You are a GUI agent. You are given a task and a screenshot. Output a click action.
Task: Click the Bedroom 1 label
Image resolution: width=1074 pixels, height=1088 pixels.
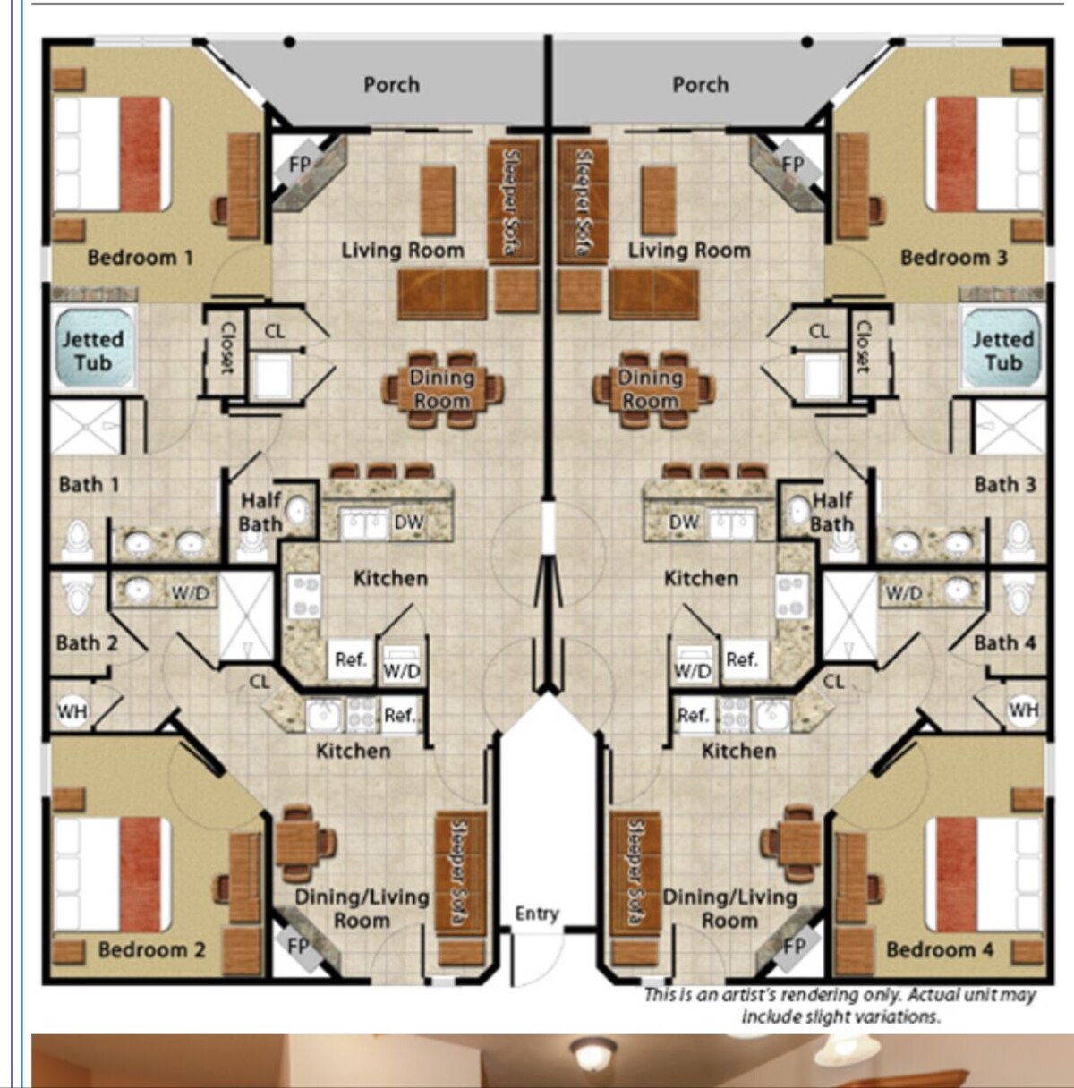141,258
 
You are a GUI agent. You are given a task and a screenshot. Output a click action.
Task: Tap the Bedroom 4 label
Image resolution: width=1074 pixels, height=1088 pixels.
940,949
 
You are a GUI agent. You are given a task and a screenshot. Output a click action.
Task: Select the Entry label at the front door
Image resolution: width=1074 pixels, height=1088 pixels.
537,914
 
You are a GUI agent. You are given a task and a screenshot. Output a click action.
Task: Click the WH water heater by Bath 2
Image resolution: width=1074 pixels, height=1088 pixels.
72,710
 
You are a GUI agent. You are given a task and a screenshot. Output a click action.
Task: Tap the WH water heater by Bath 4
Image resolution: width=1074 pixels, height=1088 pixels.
1023,710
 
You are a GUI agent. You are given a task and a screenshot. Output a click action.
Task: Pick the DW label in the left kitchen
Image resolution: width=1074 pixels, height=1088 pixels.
408,523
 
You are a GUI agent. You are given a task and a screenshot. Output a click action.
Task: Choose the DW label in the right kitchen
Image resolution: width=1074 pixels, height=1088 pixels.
683,523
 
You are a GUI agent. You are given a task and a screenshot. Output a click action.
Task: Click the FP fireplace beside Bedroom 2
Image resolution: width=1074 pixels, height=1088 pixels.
298,946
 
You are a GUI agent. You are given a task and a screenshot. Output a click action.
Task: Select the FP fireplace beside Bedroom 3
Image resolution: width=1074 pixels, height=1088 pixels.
793,165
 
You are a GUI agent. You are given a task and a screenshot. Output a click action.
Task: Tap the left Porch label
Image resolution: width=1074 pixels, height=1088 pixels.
391,85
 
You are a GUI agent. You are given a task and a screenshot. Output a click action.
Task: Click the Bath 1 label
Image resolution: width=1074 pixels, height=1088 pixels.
89,484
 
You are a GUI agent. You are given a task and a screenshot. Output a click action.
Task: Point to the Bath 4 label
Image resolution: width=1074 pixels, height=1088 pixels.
1005,643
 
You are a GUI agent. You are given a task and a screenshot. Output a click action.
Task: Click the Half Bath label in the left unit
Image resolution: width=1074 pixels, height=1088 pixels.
260,512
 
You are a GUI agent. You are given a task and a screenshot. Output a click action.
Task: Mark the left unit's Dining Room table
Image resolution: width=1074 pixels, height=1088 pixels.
442,389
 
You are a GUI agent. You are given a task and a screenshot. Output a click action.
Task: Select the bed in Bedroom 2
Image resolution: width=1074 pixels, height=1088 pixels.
113,874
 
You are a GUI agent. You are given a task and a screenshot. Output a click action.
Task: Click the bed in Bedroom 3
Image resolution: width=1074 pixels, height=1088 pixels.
983,154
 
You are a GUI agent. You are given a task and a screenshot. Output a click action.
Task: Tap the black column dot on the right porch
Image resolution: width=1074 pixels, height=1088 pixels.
807,42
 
